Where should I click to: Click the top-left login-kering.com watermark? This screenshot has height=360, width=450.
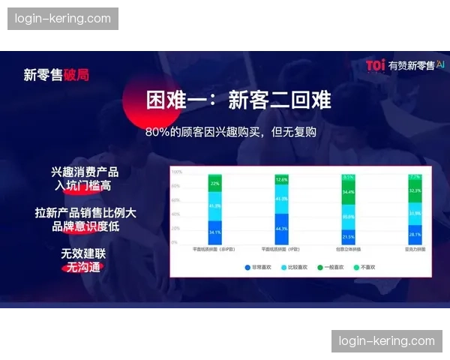point(62,19)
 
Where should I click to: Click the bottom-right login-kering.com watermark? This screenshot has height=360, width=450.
point(386,340)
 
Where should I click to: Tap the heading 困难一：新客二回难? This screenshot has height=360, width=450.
point(228,100)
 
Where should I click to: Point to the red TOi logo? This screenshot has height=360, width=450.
point(375,65)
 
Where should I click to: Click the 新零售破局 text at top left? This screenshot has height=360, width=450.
point(56,74)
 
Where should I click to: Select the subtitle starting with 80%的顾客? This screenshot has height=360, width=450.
point(231,132)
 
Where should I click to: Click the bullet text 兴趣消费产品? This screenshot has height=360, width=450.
point(85,172)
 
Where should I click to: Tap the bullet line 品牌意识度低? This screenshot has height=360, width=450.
point(85,226)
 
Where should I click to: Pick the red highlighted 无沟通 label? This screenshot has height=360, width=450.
point(82,267)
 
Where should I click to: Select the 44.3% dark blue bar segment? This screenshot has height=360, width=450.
point(282,228)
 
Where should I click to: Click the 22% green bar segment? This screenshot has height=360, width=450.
point(214,183)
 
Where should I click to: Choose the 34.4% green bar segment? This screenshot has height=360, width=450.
point(348,192)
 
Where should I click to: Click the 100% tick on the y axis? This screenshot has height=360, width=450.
point(176,172)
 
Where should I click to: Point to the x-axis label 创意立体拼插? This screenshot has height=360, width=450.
point(348,248)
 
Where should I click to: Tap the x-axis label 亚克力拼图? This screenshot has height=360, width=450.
point(415,248)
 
